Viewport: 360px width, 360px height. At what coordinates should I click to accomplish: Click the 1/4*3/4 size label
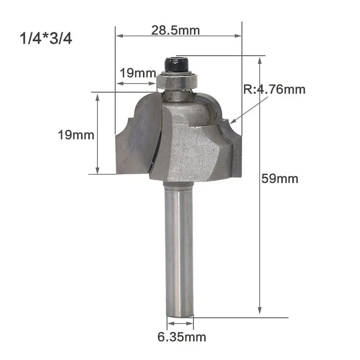coord(46,38)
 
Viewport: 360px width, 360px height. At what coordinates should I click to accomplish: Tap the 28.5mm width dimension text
coord(175,30)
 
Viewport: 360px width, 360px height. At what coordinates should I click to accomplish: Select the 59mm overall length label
coord(280,179)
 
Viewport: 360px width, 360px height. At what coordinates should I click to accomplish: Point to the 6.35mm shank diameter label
coord(181,337)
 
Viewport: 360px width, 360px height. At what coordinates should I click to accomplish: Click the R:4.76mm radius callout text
coord(275,89)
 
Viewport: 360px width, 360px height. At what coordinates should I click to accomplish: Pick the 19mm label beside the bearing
coord(138,73)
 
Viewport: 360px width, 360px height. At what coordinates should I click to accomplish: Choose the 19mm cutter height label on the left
coord(76,135)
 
